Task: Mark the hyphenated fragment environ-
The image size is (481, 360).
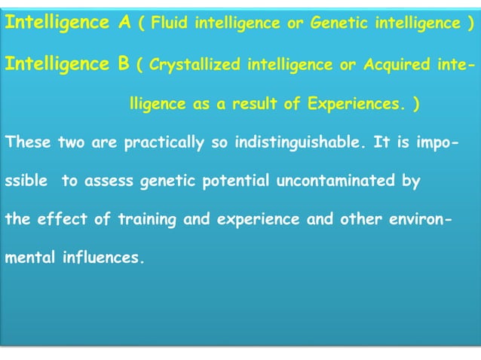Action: [424, 221]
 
